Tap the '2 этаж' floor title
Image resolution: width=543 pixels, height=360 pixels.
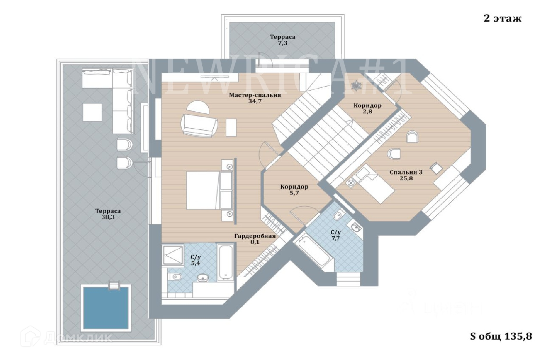(502, 18)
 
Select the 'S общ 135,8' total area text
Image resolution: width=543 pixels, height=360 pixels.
(501, 336)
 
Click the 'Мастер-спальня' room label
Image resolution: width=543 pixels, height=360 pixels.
(255, 95)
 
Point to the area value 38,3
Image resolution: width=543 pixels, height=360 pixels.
(108, 217)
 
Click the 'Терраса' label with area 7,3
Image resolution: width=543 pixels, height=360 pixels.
(282, 37)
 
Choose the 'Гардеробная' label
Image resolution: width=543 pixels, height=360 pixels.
(255, 236)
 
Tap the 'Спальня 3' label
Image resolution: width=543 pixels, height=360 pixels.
(406, 172)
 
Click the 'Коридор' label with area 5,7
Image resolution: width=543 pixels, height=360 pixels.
(294, 187)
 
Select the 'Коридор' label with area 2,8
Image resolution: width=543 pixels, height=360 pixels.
(367, 106)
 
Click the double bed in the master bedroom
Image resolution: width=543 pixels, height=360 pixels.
(203, 190)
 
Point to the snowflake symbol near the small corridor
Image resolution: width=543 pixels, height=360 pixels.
(356, 86)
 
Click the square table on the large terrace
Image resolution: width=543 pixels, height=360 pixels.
(93, 112)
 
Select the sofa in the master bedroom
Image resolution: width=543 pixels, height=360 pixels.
(199, 126)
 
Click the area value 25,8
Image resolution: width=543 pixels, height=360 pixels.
(406, 178)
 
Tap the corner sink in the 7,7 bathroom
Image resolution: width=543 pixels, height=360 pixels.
(355, 227)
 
